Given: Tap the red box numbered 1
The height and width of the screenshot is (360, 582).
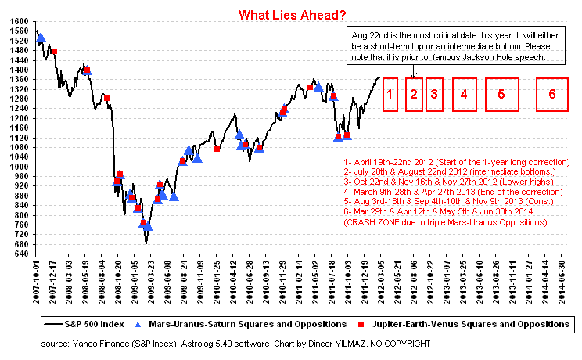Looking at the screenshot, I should pos(390,95).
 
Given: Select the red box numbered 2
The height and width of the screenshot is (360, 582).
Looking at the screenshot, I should pos(415,95).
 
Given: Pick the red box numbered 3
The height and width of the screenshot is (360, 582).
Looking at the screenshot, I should pos(435,95).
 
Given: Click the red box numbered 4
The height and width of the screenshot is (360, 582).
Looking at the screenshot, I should pos(464,95).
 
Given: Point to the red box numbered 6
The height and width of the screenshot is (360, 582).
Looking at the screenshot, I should pos(552,95).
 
